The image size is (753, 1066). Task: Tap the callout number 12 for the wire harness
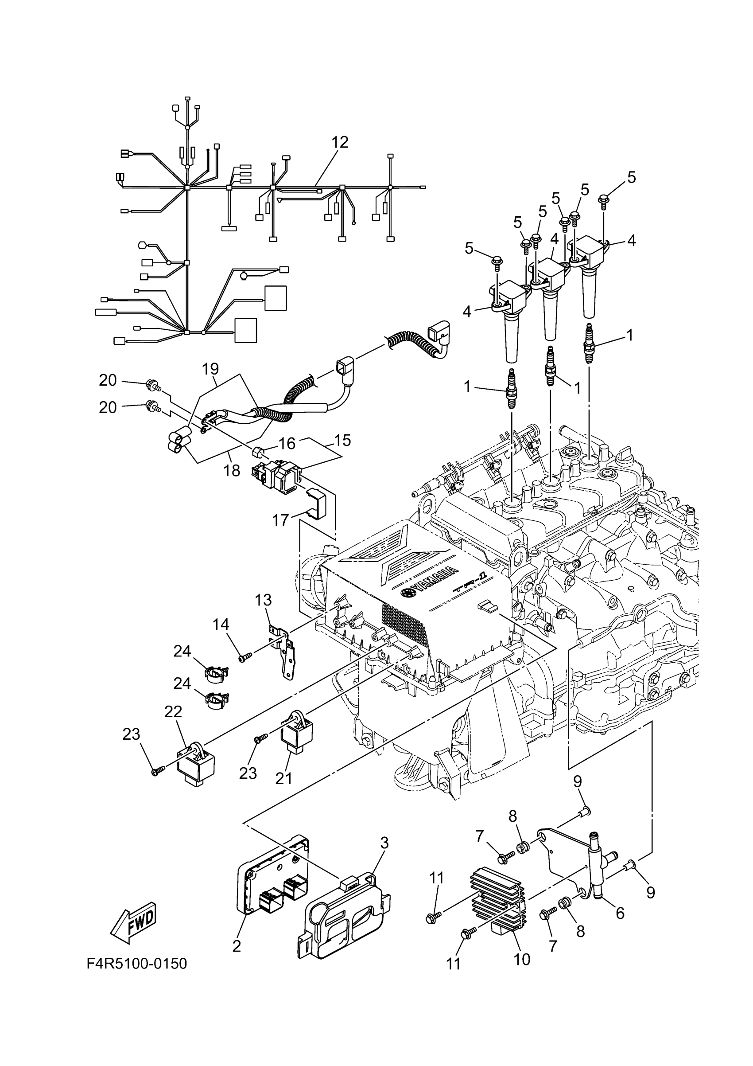340,143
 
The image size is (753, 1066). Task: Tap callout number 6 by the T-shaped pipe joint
620,913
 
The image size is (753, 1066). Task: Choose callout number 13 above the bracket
263,600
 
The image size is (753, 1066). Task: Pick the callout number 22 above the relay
173,712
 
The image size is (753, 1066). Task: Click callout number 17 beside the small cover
281,520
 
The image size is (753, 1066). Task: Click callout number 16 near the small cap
287,444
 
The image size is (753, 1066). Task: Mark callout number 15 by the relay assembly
342,440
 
